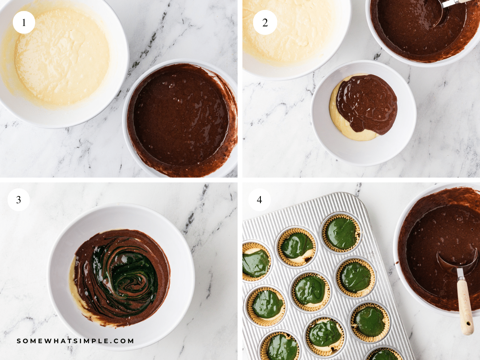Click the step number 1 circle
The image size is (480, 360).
24,22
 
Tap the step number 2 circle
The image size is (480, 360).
265,22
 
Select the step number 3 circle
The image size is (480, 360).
19,200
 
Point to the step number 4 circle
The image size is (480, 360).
259,200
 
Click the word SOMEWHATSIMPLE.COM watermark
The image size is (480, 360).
76,341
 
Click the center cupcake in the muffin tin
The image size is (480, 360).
310,290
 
